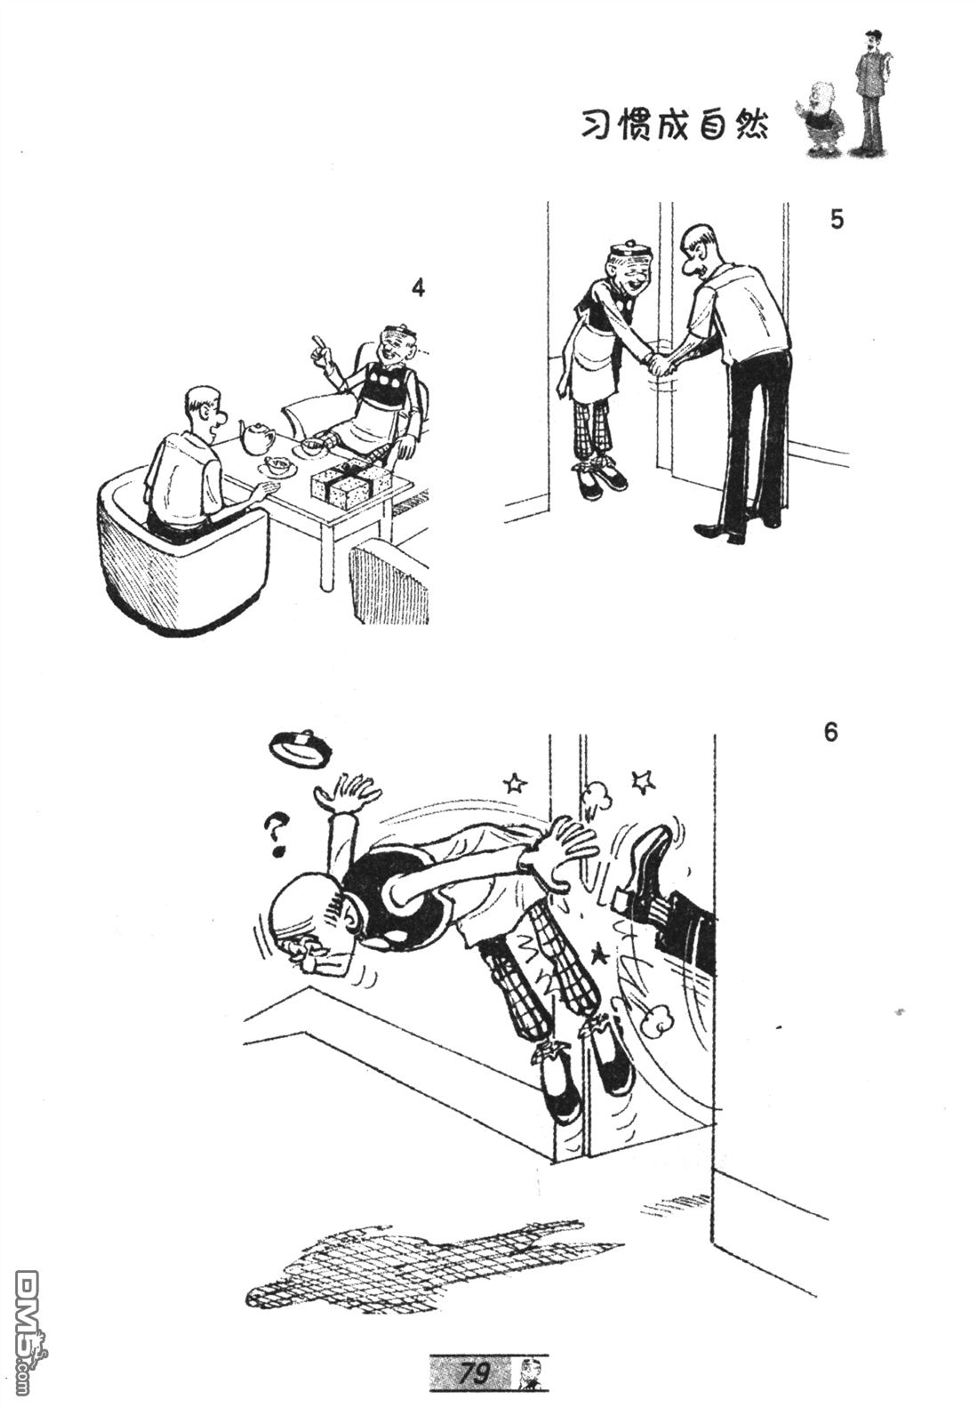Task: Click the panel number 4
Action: click(417, 287)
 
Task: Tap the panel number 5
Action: click(837, 220)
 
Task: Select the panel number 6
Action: click(830, 733)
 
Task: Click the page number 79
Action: click(473, 1373)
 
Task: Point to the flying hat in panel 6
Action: click(301, 748)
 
